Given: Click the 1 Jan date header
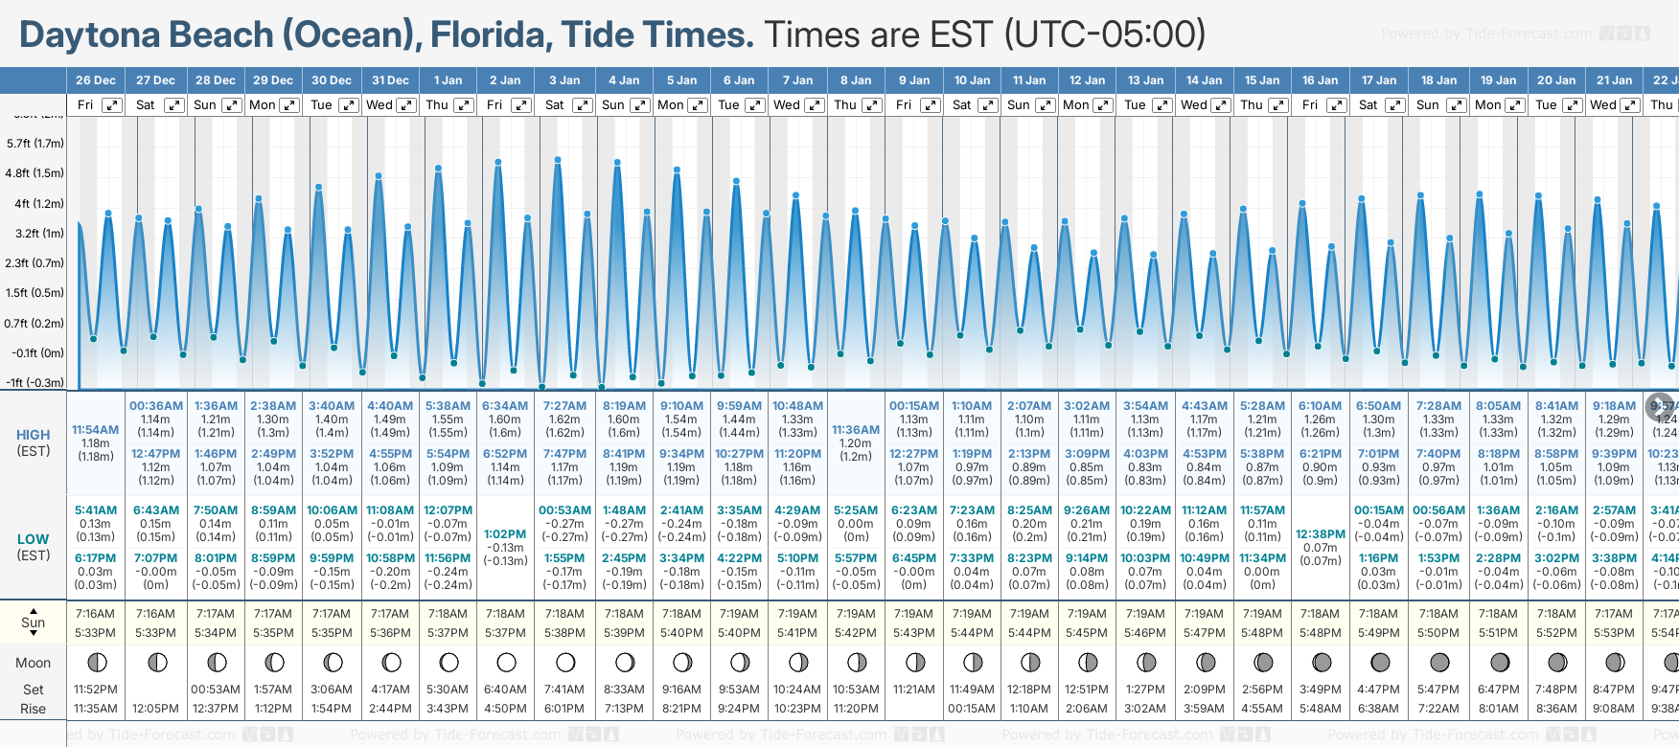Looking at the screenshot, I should (448, 80).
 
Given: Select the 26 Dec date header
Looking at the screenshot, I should (96, 80).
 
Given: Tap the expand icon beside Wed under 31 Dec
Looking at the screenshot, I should (406, 105).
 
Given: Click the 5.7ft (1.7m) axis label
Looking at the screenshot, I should (35, 144).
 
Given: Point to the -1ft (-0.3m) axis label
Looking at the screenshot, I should (35, 382).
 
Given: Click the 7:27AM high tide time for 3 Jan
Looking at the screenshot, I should (564, 406).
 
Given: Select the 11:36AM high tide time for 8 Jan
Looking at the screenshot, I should (856, 430).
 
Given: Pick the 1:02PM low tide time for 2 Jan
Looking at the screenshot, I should (505, 534).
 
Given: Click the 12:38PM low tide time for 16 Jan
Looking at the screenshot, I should (1321, 534).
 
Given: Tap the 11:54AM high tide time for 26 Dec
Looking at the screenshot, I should (96, 430).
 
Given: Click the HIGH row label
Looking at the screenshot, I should (34, 435).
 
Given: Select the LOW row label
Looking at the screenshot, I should (34, 539).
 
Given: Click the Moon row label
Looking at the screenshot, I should (34, 663).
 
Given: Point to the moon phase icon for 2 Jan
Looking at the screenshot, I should (506, 662).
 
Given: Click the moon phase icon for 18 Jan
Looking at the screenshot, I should (1439, 662).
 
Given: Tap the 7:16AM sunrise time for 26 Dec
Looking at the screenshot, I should (96, 614).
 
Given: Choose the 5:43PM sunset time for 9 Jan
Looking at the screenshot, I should (913, 633).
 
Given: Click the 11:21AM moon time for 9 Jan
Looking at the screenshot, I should (913, 690).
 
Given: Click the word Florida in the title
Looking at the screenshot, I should (490, 35).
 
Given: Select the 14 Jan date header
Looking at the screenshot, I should (1204, 80).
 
